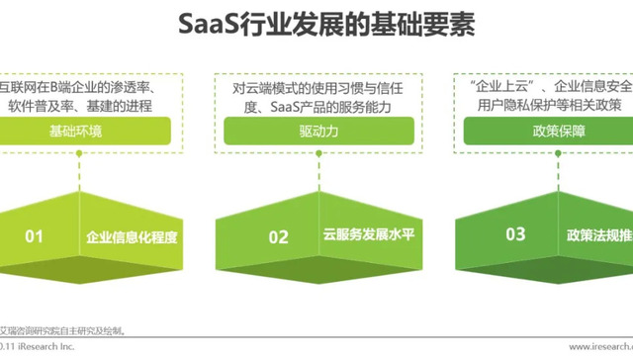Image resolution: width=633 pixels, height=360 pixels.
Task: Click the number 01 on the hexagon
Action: click(35, 236)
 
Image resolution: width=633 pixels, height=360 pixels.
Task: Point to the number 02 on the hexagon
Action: click(279, 236)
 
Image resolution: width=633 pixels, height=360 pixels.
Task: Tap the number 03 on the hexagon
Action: click(515, 235)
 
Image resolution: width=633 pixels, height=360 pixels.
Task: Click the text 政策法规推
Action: click(599, 236)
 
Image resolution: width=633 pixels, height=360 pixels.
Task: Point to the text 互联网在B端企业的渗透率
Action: click(79, 86)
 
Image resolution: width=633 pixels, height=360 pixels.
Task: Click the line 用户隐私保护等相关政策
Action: click(554, 105)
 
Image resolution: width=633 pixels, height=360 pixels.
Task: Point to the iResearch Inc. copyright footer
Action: click(40, 346)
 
